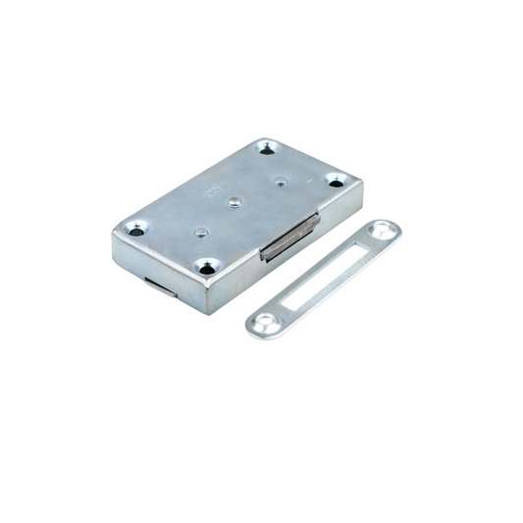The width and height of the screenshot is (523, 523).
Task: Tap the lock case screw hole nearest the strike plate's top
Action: pyautogui.click(x=336, y=181)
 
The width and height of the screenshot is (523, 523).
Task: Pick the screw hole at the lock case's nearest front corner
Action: pyautogui.click(x=207, y=266)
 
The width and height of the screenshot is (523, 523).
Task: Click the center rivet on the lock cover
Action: pyautogui.click(x=235, y=203)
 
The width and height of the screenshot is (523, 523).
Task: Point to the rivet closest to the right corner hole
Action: pyautogui.click(x=281, y=181)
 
